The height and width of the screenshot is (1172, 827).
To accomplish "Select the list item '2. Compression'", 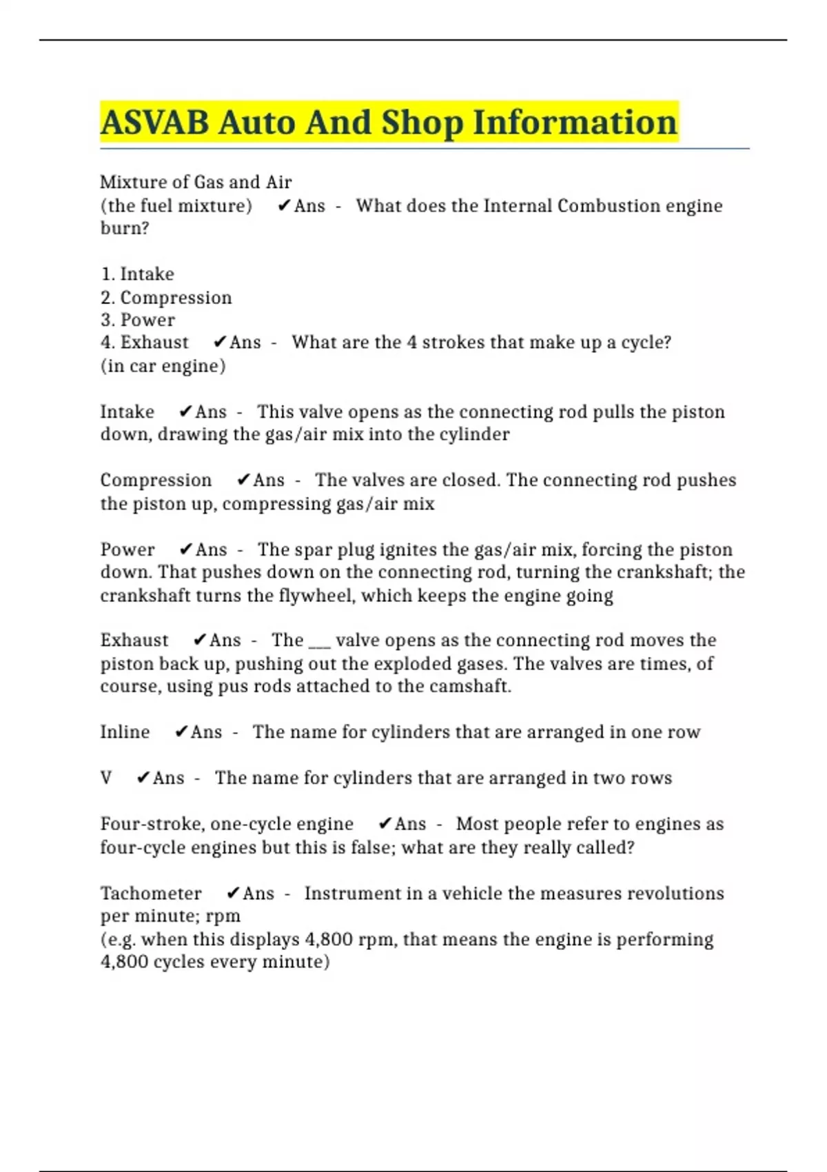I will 166,297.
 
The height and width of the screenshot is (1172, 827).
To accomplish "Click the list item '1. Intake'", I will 137,274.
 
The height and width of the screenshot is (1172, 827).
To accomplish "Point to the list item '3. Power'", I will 138,320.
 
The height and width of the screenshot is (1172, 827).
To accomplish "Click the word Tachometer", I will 151,893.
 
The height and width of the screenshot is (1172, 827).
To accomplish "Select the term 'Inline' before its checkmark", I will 125,731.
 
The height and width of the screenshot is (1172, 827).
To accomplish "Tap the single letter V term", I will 106,778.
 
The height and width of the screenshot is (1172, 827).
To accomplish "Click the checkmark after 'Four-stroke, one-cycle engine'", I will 385,823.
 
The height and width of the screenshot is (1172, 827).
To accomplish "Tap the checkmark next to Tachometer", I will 233,893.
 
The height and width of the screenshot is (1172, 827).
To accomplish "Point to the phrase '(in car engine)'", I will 163,365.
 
